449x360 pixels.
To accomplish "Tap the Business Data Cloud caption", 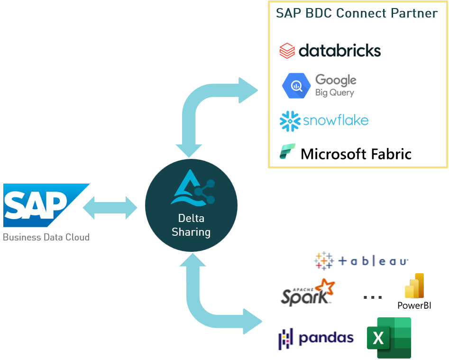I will pos(46,237).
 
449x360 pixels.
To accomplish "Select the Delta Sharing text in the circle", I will pos(191,225).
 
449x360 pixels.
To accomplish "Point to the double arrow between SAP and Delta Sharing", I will pos(110,208).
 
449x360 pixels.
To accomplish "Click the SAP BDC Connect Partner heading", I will pos(357,13).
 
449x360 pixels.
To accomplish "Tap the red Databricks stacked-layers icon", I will pos(287,51).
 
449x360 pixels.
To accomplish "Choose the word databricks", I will pos(339,51).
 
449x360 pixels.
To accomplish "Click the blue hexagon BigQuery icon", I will pos(296,85).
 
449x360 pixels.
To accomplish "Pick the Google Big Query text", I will pos(335,85).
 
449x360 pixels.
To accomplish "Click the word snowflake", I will pos(336,120).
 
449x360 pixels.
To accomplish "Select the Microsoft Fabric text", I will pos(356,154).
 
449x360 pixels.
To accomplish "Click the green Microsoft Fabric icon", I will pos(287,152).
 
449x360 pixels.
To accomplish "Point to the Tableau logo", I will pos(361,260).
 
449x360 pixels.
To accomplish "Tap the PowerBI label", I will pos(414,305).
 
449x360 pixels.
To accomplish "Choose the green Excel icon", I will pos(388,338).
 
